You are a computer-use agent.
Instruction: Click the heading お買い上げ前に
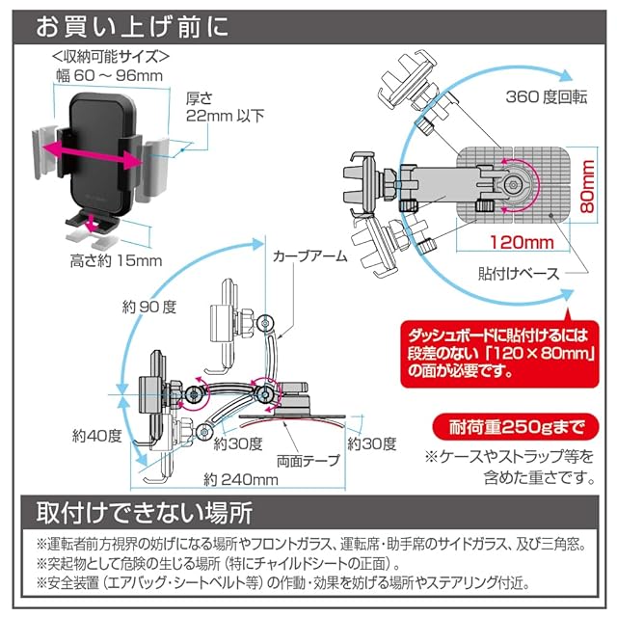click(x=132, y=27)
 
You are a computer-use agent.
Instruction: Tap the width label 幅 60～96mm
click(x=109, y=75)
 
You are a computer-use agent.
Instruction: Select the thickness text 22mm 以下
click(x=225, y=116)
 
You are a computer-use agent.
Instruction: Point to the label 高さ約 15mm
click(x=116, y=260)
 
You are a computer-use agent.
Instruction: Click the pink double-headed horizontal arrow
click(x=93, y=156)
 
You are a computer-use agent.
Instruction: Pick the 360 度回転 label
click(x=547, y=96)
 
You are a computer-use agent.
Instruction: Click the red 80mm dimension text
click(x=587, y=186)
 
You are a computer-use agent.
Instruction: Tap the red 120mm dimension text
click(x=522, y=242)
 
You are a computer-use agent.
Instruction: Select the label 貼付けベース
click(x=519, y=274)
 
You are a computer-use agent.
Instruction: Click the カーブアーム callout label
click(x=310, y=256)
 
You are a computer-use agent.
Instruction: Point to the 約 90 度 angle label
click(x=149, y=307)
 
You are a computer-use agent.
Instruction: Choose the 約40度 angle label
click(x=97, y=436)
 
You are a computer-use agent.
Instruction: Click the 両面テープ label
click(x=308, y=461)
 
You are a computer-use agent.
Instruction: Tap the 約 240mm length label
click(x=241, y=479)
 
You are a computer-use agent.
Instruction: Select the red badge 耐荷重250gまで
click(x=516, y=427)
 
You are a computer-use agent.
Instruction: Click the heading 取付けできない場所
click(x=145, y=513)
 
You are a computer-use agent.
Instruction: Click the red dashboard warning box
click(x=499, y=354)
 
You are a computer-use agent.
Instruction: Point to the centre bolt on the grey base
click(x=512, y=184)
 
